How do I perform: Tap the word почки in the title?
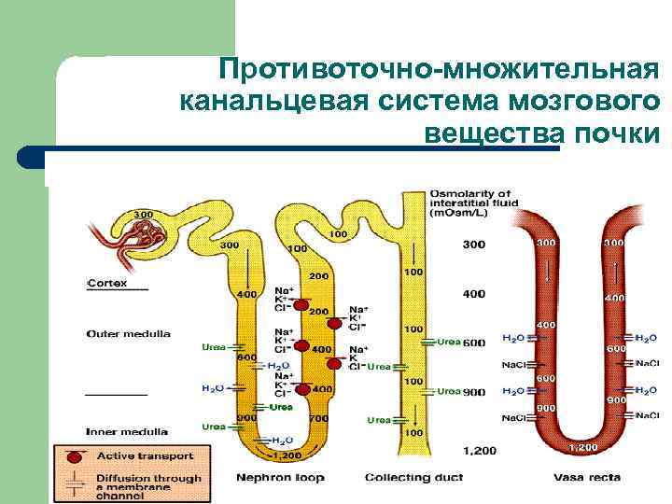click(x=617, y=132)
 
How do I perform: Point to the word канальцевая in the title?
click(x=255, y=100)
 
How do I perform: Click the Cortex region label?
click(x=107, y=283)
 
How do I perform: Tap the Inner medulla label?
click(x=127, y=431)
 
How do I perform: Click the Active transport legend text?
click(x=146, y=456)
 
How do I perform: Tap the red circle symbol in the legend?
click(x=74, y=456)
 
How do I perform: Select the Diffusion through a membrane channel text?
click(x=149, y=485)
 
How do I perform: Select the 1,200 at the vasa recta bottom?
click(x=582, y=447)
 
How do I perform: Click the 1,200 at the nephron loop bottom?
click(x=286, y=455)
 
